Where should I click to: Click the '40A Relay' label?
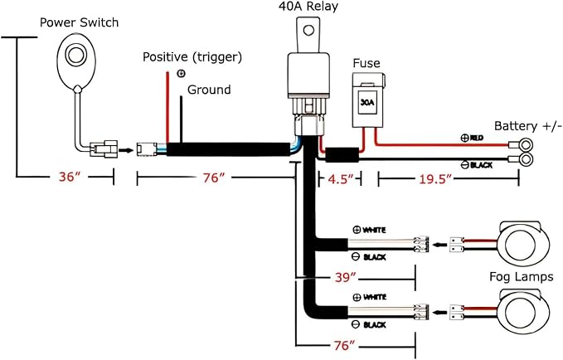pos(308,7)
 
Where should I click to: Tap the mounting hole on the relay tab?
pos(308,30)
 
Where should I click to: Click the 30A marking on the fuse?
pos(367,102)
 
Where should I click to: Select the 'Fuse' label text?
pos(366,63)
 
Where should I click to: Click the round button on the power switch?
pos(75,55)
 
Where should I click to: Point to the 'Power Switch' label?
pos(79,22)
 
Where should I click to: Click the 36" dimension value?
pos(70,177)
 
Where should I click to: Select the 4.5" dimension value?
pos(341,178)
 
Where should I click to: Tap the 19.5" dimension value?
pos(434,178)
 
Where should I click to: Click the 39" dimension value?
pos(345,277)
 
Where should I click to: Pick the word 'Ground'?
pos(209,90)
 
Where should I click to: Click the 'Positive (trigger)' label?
pos(192,57)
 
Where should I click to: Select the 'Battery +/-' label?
pos(527,126)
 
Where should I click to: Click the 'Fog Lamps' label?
pos(521,277)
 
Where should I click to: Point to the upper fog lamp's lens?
pos(520,245)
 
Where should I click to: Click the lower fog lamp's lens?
pos(520,313)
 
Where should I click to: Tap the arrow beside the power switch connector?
pos(126,149)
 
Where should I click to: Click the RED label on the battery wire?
pos(477,138)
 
